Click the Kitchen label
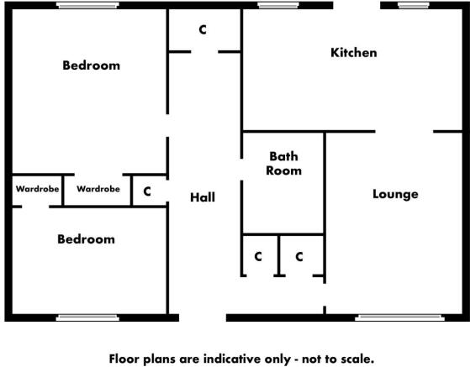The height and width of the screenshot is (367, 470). (354, 53)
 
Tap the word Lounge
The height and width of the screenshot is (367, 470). (395, 194)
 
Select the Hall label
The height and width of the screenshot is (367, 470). (203, 197)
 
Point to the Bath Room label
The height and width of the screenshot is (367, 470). (284, 164)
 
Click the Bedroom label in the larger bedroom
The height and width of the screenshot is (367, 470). (92, 66)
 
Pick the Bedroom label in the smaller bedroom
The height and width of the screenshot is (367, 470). (86, 239)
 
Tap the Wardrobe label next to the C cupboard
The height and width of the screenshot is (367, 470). (98, 189)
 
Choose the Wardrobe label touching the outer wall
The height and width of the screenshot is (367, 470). (38, 189)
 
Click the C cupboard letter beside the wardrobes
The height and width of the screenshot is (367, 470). (147, 191)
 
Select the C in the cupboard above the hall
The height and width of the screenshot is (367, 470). (203, 29)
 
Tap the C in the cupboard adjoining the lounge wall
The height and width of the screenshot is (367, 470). (299, 256)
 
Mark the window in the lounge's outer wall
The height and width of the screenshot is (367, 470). (399, 317)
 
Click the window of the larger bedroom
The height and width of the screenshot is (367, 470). (87, 5)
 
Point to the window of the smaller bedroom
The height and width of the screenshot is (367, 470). (87, 317)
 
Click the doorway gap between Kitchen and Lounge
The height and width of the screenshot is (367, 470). (404, 131)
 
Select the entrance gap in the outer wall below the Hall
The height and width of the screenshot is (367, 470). (203, 317)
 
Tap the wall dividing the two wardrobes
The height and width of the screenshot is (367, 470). (63, 191)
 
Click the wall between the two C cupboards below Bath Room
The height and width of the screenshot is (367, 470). (279, 255)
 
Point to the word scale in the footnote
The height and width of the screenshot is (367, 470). (359, 359)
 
